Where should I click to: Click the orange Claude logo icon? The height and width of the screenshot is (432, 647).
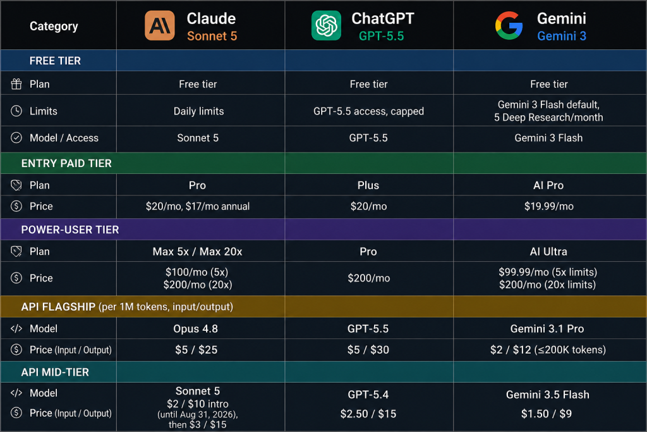160,25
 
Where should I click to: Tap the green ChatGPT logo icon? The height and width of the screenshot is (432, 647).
326,25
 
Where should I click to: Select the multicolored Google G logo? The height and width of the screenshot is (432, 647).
509,25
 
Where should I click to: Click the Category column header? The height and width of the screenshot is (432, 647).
54,27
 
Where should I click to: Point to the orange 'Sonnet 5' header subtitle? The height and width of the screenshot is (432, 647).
212,36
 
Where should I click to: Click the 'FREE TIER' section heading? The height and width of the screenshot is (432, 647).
55,61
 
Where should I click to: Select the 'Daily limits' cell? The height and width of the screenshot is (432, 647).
198,111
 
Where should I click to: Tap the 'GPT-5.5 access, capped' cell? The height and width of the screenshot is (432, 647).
368,111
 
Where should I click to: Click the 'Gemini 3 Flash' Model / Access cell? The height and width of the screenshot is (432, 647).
548,138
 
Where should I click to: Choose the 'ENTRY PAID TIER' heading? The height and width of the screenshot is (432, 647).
66,164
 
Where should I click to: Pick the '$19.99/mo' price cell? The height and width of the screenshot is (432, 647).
549,206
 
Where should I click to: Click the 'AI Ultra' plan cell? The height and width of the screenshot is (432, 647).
548,252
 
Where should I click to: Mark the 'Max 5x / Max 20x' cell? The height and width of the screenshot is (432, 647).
197,252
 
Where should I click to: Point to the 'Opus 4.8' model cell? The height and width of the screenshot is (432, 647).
196,329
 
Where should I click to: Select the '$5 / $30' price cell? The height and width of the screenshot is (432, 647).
368,350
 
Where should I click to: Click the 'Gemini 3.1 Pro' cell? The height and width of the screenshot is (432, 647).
547,329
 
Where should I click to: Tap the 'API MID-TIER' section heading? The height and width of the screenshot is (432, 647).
55,372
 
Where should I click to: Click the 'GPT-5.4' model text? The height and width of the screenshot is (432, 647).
368,395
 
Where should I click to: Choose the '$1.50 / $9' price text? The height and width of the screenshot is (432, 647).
547,414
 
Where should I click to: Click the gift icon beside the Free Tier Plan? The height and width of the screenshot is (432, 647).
16,84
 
